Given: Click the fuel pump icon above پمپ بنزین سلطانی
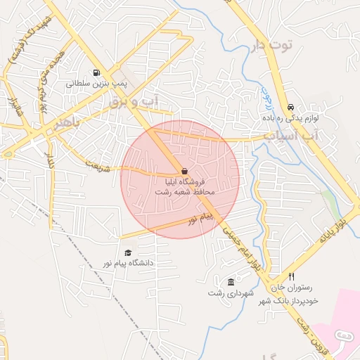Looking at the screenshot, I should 96,72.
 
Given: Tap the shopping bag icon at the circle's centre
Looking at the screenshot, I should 184,171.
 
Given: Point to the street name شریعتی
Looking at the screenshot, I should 98,167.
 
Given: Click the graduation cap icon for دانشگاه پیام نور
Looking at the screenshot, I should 128,252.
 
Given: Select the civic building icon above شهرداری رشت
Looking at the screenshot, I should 231,282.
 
